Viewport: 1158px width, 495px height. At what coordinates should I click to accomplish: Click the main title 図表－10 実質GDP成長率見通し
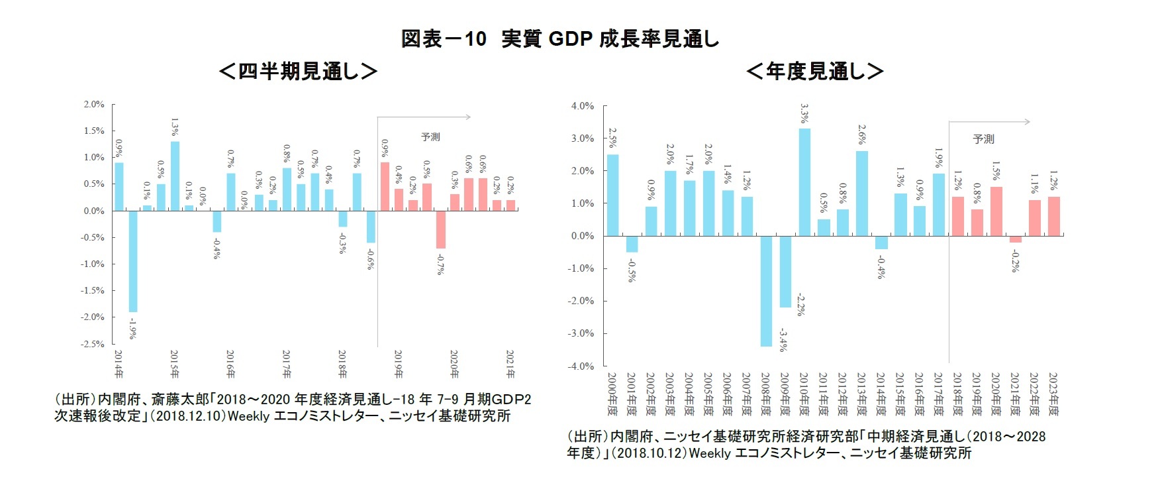click(560, 38)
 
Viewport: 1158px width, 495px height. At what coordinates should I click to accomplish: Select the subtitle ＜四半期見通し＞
click(298, 71)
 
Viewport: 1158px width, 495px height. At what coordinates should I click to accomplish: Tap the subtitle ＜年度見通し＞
click(814, 71)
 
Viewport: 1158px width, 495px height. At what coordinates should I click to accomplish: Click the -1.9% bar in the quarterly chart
click(133, 261)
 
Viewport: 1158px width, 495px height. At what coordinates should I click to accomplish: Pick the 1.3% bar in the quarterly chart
click(175, 176)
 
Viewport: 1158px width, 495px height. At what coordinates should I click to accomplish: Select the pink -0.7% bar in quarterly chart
click(440, 229)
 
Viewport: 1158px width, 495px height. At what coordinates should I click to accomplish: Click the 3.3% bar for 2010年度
click(804, 182)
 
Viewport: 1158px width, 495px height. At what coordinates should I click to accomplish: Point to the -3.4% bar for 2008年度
click(766, 291)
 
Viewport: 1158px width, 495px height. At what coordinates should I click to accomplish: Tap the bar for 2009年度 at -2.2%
click(785, 271)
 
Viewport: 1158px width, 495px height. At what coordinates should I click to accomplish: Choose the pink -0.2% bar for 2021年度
click(1015, 239)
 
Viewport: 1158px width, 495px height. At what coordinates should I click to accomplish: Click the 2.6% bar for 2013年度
click(862, 193)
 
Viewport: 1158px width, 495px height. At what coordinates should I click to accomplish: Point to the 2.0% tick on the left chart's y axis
click(94, 105)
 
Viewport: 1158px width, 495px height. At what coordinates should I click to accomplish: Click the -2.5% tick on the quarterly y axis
click(93, 344)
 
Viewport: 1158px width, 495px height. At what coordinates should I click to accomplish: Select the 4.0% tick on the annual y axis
click(583, 106)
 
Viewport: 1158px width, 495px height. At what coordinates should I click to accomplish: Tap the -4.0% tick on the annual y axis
click(581, 366)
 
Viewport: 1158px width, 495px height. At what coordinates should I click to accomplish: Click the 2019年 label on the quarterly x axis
click(399, 364)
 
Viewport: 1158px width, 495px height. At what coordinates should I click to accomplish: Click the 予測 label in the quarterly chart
click(430, 137)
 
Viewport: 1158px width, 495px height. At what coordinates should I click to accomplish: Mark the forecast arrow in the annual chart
click(990, 122)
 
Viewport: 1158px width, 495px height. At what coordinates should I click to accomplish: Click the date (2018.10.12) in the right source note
click(650, 453)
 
